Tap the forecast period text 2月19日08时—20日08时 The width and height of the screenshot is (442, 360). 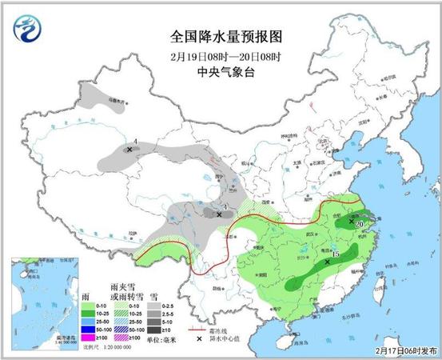point(228,58)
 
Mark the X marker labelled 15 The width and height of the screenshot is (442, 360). point(328,261)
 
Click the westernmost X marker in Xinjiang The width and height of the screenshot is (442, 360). point(129,149)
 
